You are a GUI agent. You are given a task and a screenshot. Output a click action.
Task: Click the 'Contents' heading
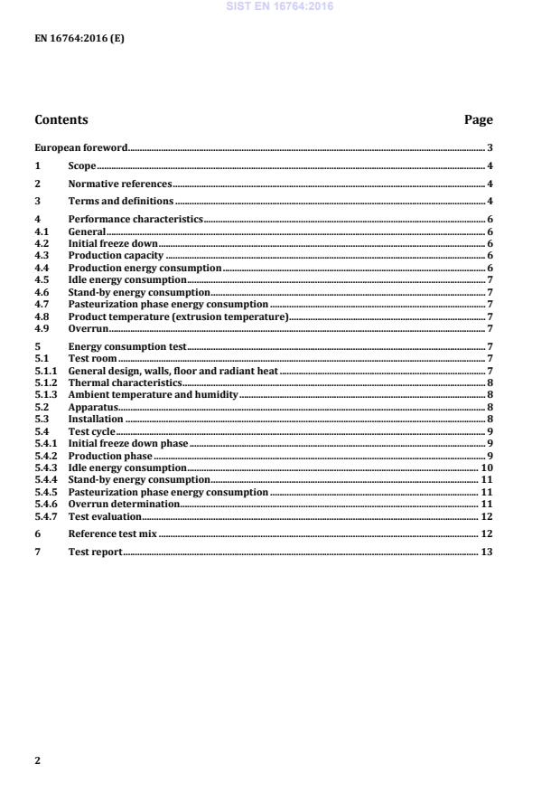coord(61,119)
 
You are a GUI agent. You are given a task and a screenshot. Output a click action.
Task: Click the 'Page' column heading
coord(478,119)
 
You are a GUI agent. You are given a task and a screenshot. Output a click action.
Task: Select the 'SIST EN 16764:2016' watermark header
coord(280,5)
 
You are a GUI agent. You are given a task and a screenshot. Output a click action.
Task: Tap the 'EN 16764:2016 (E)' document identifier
coord(79,38)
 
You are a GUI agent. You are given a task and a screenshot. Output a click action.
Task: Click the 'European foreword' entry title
coord(80,147)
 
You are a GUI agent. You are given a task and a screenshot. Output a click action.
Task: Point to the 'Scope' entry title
coord(82,166)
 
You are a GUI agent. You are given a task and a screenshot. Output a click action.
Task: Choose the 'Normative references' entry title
coord(120,184)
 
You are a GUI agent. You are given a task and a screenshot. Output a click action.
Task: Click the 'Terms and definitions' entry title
coord(121,201)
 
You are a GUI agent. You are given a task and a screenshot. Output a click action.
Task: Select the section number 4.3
coord(42,256)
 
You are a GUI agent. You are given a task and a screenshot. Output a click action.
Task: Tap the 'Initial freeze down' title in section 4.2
coord(113,244)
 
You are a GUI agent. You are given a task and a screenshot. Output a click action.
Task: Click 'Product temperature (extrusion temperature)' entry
coord(178,316)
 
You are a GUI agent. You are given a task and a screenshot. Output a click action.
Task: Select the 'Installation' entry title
coord(96,420)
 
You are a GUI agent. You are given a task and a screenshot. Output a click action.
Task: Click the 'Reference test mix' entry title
coord(113,534)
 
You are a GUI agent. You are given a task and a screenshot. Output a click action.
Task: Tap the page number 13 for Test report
coord(486,552)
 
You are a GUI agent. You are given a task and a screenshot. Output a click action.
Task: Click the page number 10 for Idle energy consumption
coord(486,467)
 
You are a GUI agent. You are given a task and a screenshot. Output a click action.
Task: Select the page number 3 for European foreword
coord(490,147)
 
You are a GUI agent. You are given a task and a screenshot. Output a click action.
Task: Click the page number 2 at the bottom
coord(37,760)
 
